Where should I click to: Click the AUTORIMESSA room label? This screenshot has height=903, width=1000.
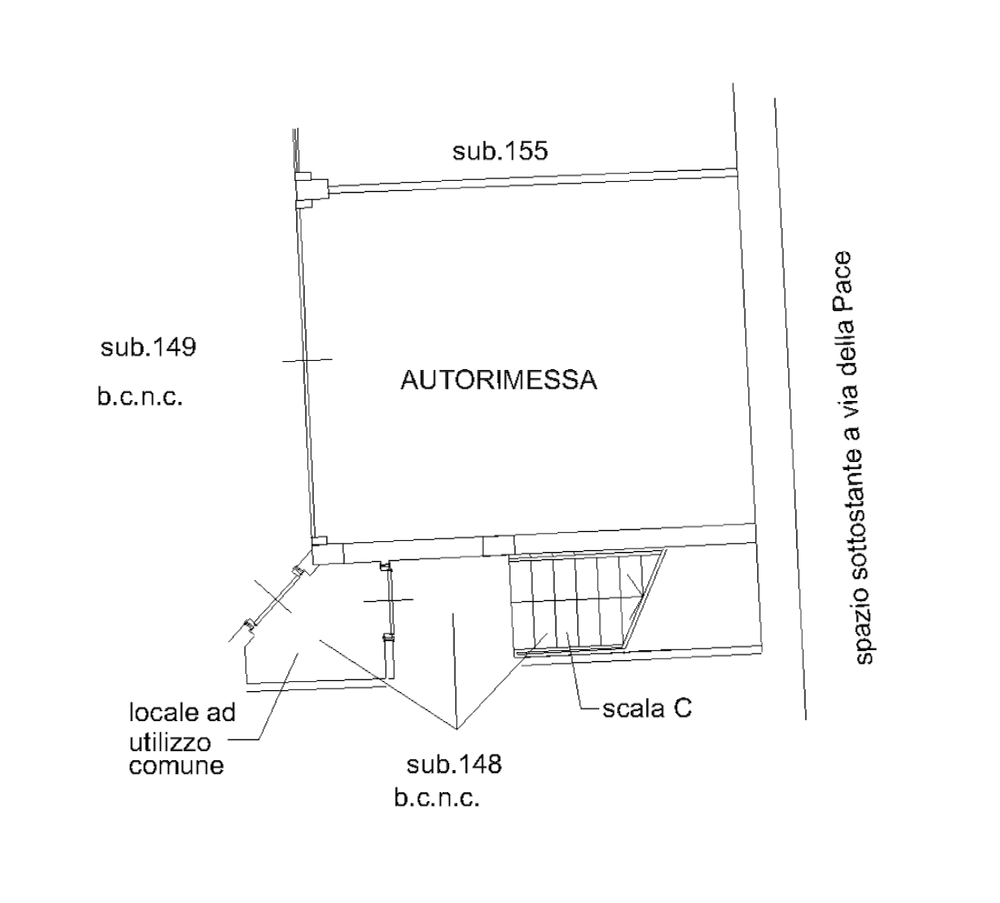point(498,380)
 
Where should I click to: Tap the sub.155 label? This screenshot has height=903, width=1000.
point(500,151)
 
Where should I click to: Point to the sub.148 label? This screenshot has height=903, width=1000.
point(454,765)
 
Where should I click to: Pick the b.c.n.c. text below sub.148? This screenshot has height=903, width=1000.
point(436,799)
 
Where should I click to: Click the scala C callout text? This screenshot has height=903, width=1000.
point(646,708)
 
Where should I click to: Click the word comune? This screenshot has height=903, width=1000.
point(175,766)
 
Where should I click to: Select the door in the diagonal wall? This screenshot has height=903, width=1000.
point(274,597)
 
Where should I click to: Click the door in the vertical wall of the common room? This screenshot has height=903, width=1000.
point(388,600)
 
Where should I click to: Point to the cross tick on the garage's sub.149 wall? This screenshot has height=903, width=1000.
point(305,360)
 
